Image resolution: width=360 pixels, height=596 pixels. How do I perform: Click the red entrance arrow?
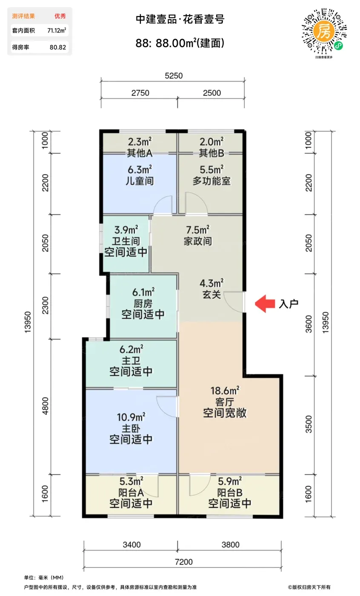[265, 304]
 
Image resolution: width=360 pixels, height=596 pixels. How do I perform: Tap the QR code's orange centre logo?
[323, 32]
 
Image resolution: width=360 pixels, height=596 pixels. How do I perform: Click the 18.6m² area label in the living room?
[225, 391]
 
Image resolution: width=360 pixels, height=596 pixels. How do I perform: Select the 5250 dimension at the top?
[174, 76]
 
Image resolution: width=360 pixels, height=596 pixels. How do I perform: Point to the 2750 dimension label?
[140, 93]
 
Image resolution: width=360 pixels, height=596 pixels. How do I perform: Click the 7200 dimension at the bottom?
[184, 562]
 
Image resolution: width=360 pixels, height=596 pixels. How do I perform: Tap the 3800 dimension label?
[231, 544]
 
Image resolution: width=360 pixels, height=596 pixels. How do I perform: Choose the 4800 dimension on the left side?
[46, 406]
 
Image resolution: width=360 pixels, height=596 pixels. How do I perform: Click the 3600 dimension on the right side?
[309, 324]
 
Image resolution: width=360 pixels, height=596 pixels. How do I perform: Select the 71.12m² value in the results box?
[57, 30]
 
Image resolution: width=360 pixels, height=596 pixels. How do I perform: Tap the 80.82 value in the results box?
[58, 47]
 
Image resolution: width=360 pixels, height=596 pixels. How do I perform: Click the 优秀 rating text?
[60, 16]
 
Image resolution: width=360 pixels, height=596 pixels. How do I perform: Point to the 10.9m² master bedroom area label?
[131, 417]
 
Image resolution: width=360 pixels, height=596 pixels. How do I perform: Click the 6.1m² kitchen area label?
[143, 292]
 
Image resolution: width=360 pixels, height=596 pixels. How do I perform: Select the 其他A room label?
[140, 153]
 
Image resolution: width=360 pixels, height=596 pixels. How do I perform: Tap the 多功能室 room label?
[211, 181]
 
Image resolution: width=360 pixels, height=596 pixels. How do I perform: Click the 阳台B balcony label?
[230, 493]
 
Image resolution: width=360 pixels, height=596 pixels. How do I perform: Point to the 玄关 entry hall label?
[211, 295]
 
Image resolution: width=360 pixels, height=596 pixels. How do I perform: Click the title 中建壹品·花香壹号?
[180, 19]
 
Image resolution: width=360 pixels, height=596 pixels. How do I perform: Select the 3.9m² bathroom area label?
[126, 229]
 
